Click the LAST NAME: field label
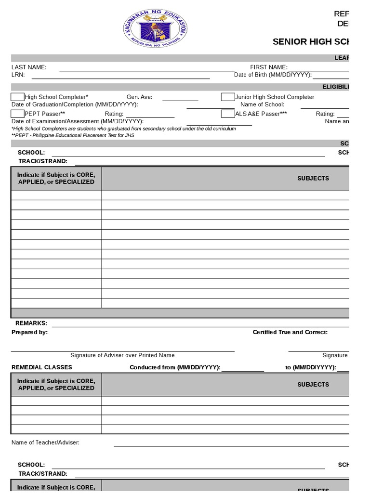click(x=29, y=67)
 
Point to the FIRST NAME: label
click(x=268, y=67)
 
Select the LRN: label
click(x=18, y=75)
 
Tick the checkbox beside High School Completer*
click(x=18, y=97)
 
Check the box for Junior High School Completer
click(x=228, y=97)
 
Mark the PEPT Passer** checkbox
click(x=18, y=114)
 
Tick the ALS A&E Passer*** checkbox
click(x=228, y=114)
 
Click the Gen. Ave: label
click(x=139, y=97)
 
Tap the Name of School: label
click(x=262, y=104)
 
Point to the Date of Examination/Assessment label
click(x=78, y=121)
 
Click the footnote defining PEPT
click(x=73, y=135)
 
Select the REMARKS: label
click(x=31, y=323)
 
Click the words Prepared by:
click(x=29, y=332)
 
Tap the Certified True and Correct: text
click(x=290, y=332)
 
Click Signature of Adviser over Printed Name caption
click(x=122, y=355)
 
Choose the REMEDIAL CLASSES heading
click(x=42, y=367)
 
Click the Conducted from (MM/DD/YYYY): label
click(x=175, y=367)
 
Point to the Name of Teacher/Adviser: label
click(x=45, y=442)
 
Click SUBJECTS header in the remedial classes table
click(x=313, y=385)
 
